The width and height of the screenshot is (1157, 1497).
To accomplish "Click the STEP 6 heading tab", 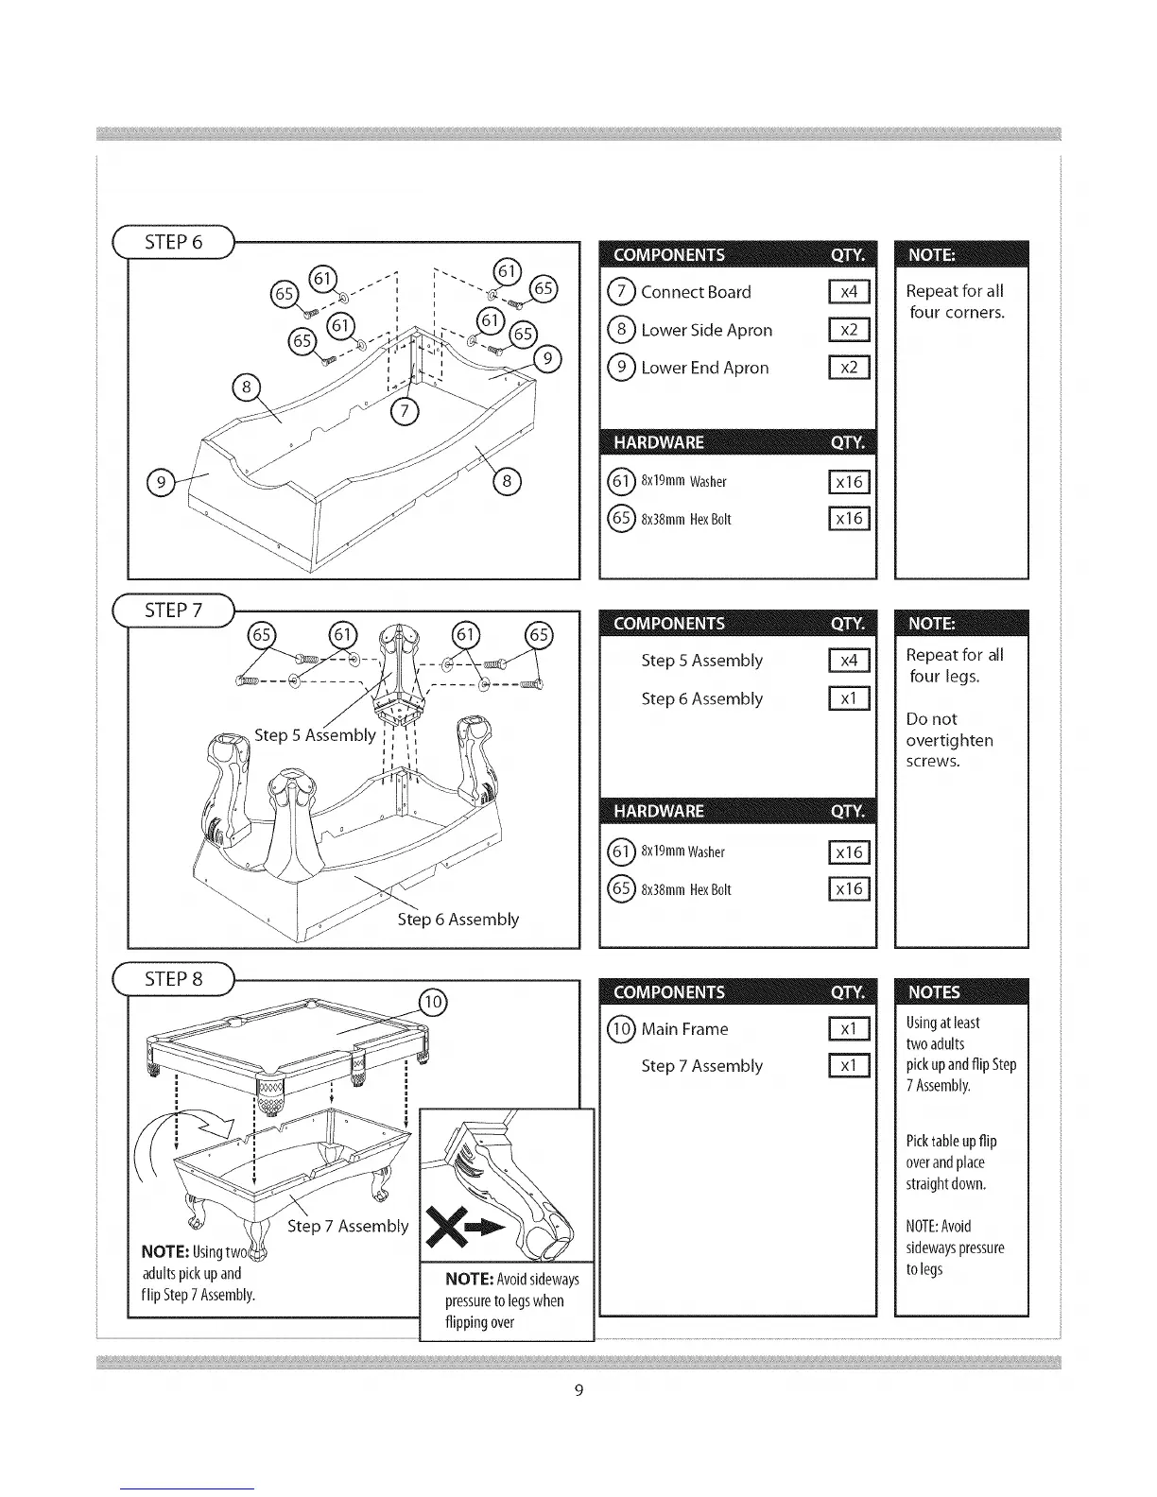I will tap(174, 242).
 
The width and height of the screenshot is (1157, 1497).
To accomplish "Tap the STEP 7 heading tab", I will tap(174, 611).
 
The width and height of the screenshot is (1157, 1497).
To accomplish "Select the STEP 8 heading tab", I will tap(174, 979).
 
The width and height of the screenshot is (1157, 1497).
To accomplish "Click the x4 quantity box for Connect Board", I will tap(849, 292).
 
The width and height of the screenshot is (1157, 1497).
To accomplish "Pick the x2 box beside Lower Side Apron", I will tap(849, 330).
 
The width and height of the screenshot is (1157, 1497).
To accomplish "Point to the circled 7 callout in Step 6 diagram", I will tap(404, 410).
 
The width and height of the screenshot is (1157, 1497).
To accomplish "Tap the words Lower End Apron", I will tap(704, 368).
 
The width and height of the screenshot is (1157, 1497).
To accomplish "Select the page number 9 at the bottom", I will tap(578, 1390).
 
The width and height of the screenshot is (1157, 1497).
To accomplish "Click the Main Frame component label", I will tap(684, 1029).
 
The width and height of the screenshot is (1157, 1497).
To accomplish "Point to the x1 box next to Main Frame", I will tap(849, 1029).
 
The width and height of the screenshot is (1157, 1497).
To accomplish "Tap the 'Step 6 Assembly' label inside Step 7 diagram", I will tap(458, 919).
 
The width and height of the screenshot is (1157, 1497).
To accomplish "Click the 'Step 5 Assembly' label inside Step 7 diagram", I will tap(315, 735).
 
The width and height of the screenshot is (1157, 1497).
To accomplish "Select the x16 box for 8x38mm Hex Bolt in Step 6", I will tap(849, 519).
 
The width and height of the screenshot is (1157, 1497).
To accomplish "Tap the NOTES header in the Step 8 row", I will tap(934, 991).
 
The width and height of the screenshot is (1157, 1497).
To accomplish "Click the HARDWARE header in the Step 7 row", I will tap(658, 811).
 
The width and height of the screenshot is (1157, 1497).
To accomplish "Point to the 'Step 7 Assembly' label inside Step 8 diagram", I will tap(348, 1226).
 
